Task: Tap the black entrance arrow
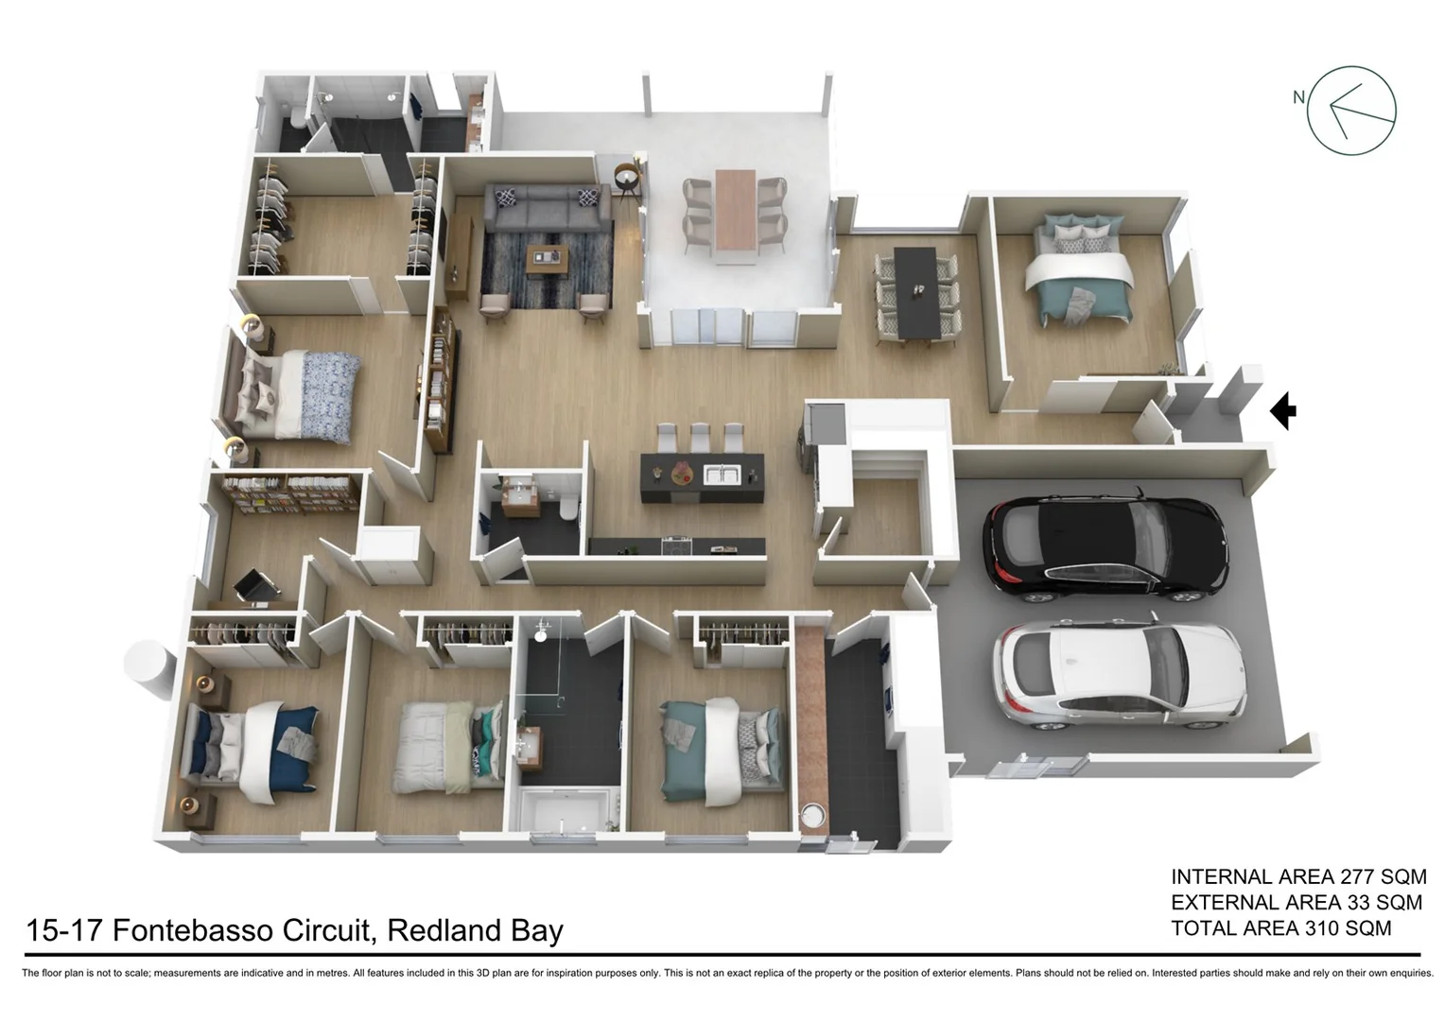click(x=1282, y=411)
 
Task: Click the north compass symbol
click(x=1350, y=111)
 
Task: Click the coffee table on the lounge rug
click(x=548, y=257)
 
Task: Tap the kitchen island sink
click(x=725, y=473)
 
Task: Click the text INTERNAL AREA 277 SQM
click(x=1297, y=876)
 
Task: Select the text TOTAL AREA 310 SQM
click(x=1280, y=928)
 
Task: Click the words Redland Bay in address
click(x=475, y=930)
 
